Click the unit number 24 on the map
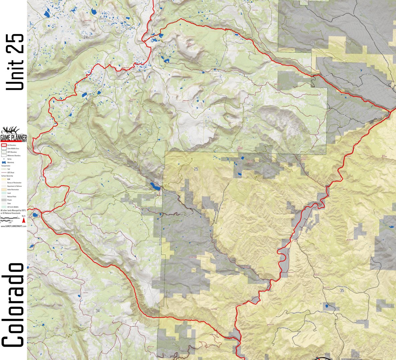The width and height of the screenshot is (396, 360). point(86,37)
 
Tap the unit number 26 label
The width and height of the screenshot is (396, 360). point(313,42)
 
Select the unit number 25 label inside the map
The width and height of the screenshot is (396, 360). point(196,169)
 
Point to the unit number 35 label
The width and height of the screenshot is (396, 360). point(341,291)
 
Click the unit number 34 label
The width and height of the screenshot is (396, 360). point(97,311)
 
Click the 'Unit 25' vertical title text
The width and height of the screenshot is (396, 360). point(15,62)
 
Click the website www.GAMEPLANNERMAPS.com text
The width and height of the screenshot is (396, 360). point(13,226)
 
